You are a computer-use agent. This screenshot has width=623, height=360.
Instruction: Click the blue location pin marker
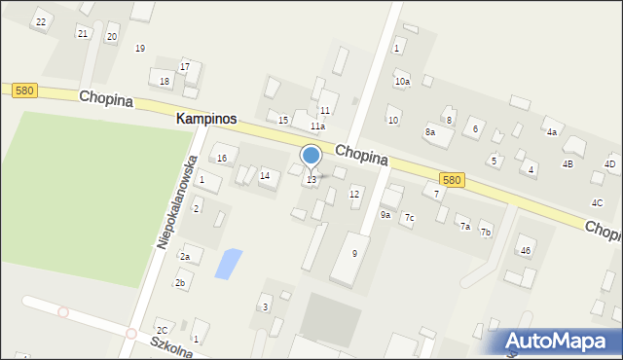click(311, 156)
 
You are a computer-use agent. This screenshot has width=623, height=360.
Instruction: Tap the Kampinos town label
click(205, 118)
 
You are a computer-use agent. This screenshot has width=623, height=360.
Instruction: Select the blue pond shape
click(227, 263)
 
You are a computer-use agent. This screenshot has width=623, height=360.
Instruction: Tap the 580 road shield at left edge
click(24, 90)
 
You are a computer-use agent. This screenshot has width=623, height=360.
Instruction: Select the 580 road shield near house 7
click(451, 180)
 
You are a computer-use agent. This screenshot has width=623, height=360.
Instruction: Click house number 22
click(40, 20)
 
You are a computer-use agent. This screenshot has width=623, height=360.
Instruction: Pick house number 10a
click(402, 82)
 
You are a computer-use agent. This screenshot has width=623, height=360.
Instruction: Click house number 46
click(525, 251)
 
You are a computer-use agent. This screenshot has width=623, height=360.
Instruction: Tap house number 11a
click(317, 126)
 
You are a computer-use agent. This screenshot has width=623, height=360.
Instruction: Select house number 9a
click(385, 215)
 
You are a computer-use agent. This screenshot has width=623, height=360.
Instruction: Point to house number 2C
click(163, 331)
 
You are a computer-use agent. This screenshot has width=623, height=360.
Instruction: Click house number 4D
click(609, 164)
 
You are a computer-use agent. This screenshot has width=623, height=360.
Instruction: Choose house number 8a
click(429, 131)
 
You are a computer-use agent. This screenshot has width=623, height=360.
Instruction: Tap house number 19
click(140, 48)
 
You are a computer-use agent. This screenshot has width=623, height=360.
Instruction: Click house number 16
click(222, 158)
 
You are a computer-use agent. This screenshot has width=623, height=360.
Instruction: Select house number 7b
click(485, 233)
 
